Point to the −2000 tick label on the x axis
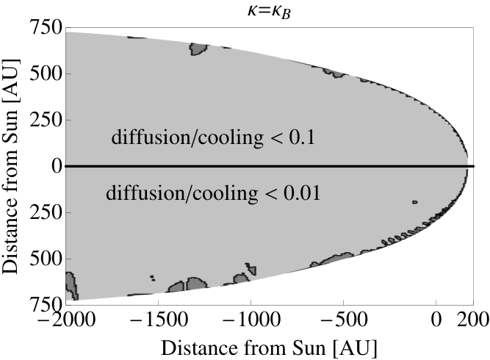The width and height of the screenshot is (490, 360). (x=66, y=320)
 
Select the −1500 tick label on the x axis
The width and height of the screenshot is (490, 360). (x=159, y=320)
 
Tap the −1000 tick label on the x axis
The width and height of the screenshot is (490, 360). (x=251, y=320)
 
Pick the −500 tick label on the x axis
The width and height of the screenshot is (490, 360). (x=343, y=320)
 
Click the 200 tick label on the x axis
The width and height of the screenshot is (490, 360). (x=473, y=320)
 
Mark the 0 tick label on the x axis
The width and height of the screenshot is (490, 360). (x=436, y=320)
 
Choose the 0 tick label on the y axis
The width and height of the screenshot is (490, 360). (x=57, y=166)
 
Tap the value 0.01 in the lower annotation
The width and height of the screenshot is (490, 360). (x=302, y=192)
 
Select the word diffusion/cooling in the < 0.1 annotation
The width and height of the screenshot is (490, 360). (x=187, y=137)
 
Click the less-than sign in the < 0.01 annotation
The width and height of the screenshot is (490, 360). (x=270, y=194)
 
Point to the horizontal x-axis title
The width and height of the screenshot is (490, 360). (x=269, y=348)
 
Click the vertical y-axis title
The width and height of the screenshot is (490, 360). (x=10, y=166)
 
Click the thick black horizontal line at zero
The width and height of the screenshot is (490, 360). (x=270, y=166)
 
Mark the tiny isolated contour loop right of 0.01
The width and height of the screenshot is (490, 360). (x=415, y=202)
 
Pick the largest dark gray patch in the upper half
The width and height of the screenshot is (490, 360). (x=197, y=49)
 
